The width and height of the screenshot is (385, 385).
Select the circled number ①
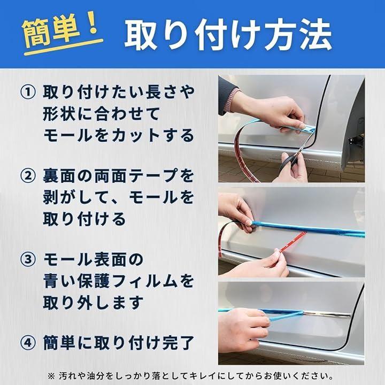(27, 93)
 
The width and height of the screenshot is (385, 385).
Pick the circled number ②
(27, 176)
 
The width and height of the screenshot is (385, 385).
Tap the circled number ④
(27, 343)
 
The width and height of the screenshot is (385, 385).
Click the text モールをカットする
(119, 135)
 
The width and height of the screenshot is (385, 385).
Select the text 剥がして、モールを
(119, 197)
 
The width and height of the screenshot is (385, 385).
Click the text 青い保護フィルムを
(119, 281)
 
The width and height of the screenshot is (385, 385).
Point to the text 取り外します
(93, 302)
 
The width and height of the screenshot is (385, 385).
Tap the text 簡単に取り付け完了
(119, 343)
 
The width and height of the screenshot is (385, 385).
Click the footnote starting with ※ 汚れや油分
(190, 376)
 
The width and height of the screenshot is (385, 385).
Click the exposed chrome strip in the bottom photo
(327, 314)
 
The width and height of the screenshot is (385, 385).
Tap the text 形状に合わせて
(101, 114)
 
